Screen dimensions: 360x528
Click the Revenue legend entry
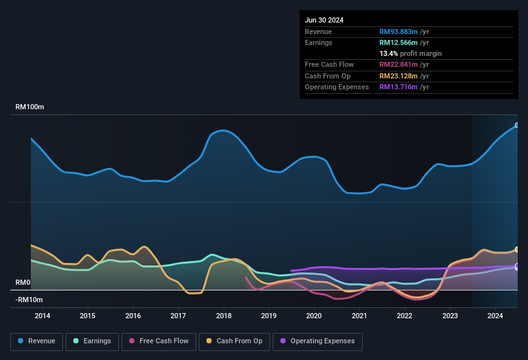pyautogui.click(x=37, y=341)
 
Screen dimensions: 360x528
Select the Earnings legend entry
pyautogui.click(x=92, y=341)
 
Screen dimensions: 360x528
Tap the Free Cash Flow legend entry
pyautogui.click(x=158, y=341)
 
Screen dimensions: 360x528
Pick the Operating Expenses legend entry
pyautogui.click(x=318, y=341)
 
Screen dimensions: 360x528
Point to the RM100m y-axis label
pyautogui.click(x=30, y=107)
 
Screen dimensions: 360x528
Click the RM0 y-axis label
pyautogui.click(x=23, y=283)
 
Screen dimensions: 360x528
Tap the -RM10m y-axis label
pyautogui.click(x=29, y=300)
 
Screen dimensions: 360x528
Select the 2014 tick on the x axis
pyautogui.click(x=42, y=316)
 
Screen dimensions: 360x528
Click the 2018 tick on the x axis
pyautogui.click(x=224, y=316)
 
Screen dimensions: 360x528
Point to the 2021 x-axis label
pyautogui.click(x=360, y=316)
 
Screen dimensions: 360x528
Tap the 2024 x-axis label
pyautogui.click(x=495, y=316)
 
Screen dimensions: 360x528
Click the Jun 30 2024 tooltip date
pyautogui.click(x=324, y=20)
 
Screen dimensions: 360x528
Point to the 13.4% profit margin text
pyautogui.click(x=410, y=53)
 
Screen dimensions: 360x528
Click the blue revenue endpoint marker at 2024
pyautogui.click(x=517, y=125)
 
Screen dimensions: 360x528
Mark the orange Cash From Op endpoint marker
pyautogui.click(x=517, y=249)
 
